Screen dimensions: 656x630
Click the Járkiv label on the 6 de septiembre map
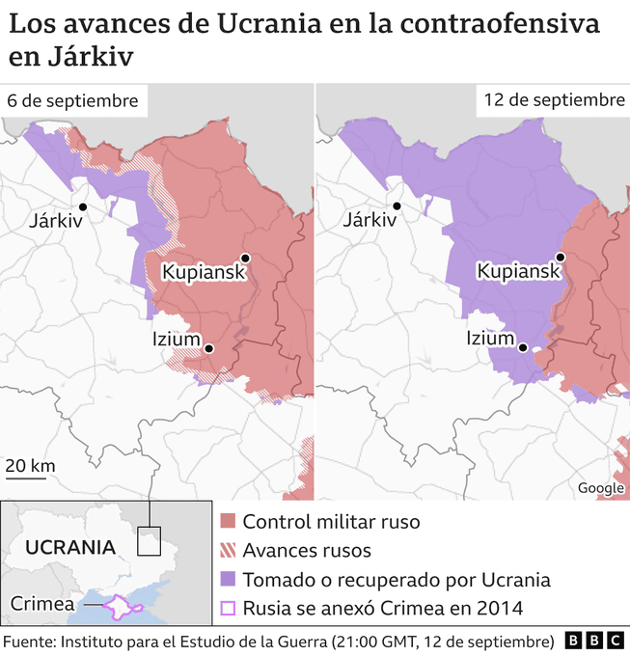point(56,221)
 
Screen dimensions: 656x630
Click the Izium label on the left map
point(177,340)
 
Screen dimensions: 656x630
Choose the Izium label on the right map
point(490,339)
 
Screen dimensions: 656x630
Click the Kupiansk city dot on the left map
point(246,258)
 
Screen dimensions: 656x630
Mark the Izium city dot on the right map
point(523,349)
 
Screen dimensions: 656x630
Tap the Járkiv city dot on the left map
point(84,206)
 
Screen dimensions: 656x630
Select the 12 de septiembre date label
point(554,100)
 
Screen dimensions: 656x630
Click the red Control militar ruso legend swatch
point(228,522)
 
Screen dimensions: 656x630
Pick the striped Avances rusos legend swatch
point(228,551)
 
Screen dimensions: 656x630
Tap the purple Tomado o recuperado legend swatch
point(228,580)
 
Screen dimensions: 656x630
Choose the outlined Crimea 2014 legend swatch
point(228,609)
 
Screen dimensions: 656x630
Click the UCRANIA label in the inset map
point(70,547)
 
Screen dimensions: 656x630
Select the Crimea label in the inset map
point(42,605)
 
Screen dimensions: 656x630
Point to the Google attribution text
point(600,488)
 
